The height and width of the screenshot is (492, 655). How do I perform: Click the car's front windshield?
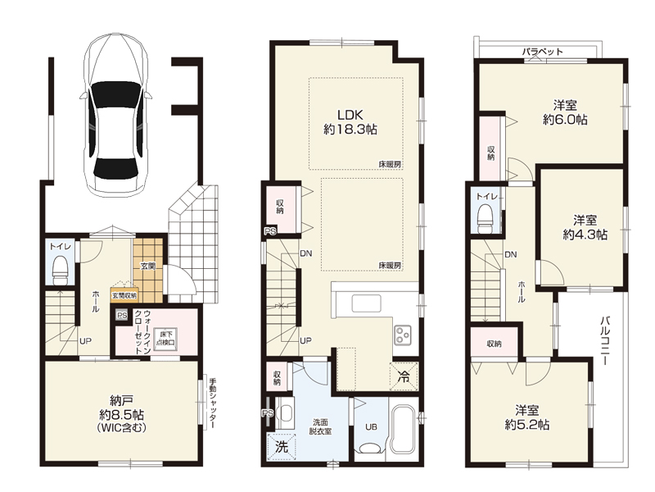tap(115, 93)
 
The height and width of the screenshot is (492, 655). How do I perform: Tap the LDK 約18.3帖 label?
tap(350, 121)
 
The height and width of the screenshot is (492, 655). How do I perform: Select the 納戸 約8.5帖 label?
tap(121, 414)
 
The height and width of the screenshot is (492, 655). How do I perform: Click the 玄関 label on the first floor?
tap(148, 266)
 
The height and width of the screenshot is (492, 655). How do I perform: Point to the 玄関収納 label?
tap(124, 295)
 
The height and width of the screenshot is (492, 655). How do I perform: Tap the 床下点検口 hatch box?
tap(166, 338)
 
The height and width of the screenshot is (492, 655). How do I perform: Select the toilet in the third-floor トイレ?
tap(486, 218)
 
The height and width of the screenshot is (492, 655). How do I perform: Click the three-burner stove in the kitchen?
tap(403, 335)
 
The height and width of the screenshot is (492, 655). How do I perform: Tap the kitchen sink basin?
tap(366, 303)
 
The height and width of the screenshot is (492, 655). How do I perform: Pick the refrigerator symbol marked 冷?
tap(404, 376)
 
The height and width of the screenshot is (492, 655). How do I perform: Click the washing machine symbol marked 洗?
tap(282, 447)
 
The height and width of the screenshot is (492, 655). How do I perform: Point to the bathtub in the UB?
tap(404, 428)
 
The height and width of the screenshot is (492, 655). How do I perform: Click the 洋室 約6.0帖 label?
tap(565, 112)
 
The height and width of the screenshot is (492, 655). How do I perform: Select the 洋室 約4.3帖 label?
tap(585, 227)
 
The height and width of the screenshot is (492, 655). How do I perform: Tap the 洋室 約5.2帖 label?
tap(526, 417)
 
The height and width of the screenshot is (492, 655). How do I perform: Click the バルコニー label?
tap(605, 341)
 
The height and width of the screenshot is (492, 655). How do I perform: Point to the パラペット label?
tap(542, 52)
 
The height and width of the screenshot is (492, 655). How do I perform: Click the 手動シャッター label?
tap(212, 403)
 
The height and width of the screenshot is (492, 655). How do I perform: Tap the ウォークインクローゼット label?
tap(142, 333)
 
